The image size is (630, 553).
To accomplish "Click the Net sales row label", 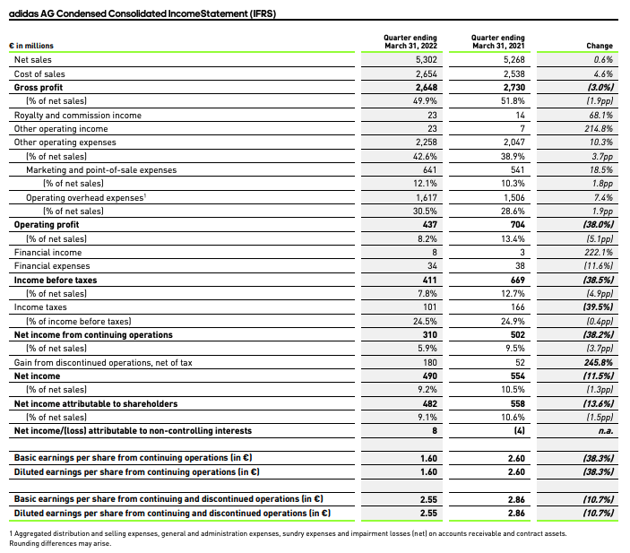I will click(x=33, y=60).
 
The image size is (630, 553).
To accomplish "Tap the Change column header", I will click(x=599, y=46).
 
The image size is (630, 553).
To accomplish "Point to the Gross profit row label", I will click(x=39, y=88).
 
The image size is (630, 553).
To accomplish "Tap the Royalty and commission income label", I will click(x=68, y=116).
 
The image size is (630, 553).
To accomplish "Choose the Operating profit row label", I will click(x=47, y=225).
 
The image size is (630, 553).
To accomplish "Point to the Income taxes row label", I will click(x=39, y=307).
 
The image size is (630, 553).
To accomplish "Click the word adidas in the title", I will click(x=24, y=9).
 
